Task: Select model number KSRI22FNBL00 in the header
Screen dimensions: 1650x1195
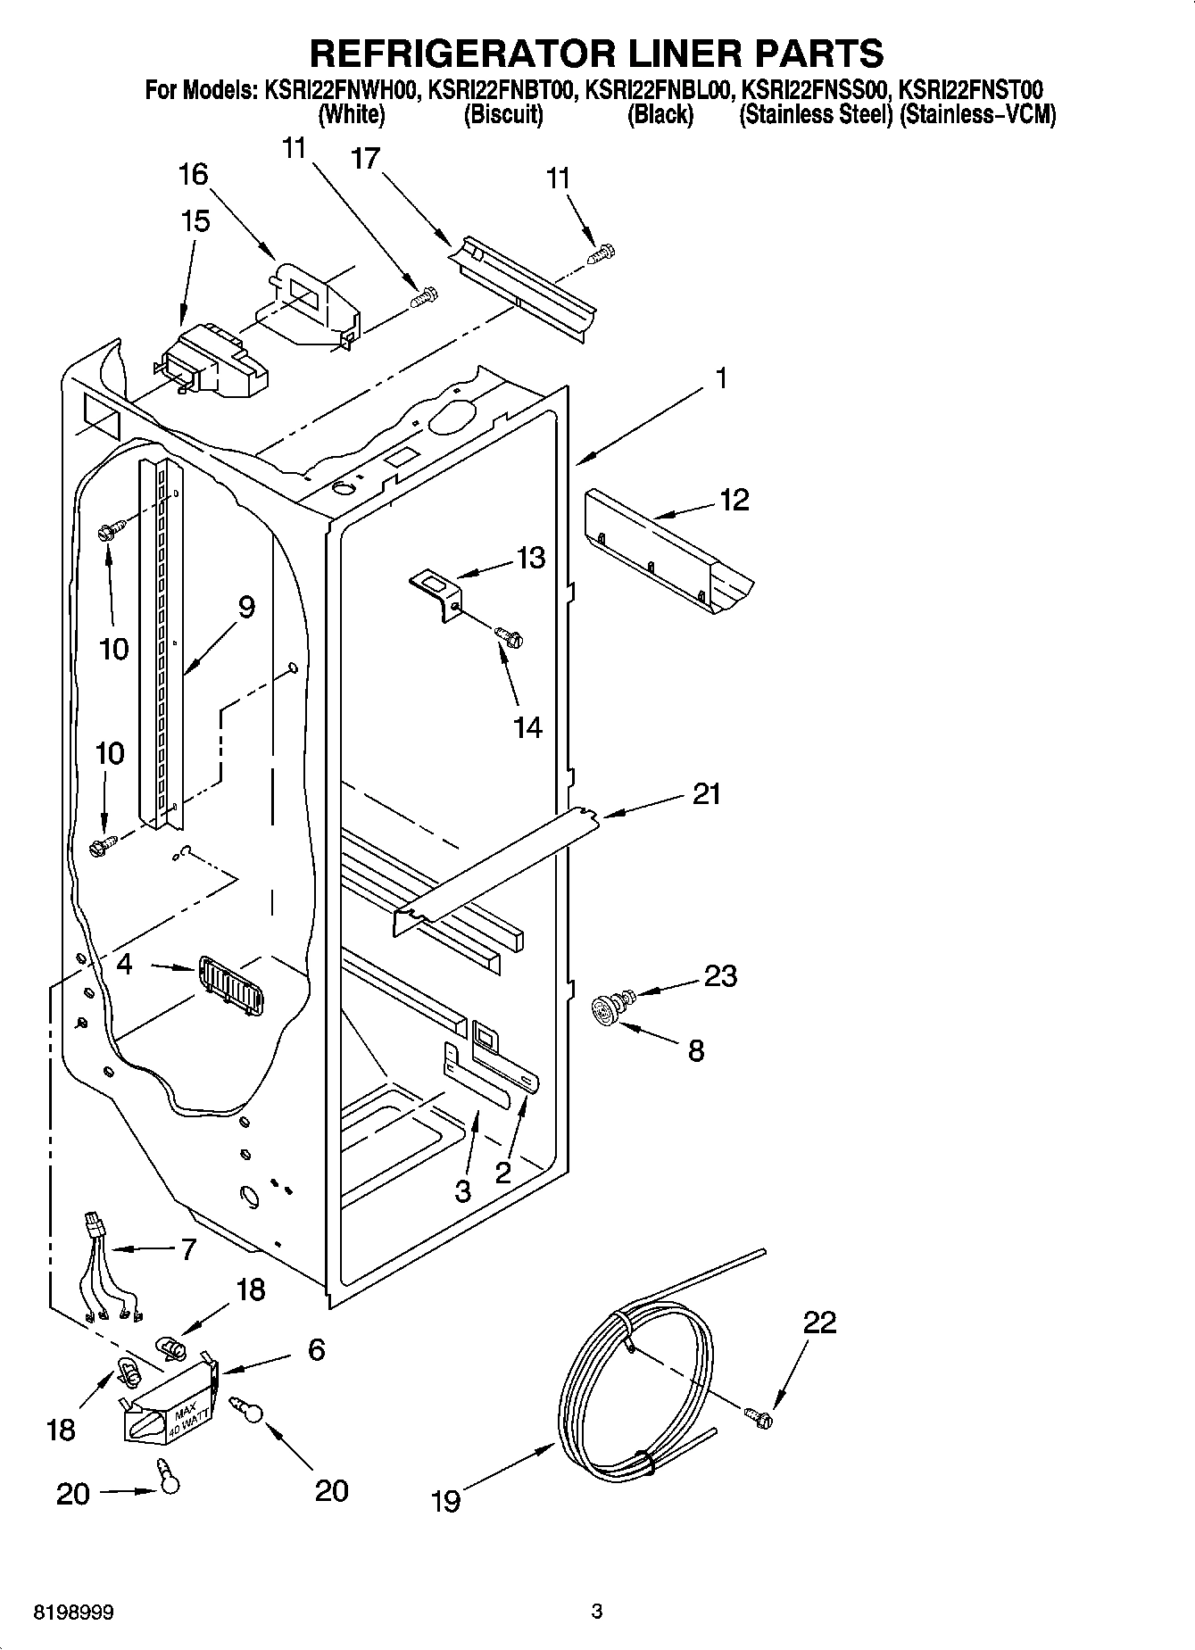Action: tap(660, 90)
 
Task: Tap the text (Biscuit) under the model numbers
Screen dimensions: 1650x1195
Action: tap(503, 115)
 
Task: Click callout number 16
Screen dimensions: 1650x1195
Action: tap(194, 174)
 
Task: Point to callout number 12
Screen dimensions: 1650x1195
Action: tap(734, 500)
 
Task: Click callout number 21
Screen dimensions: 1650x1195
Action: tap(706, 793)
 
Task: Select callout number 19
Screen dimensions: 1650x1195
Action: tap(445, 1502)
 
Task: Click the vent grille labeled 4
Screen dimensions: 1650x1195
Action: tap(231, 985)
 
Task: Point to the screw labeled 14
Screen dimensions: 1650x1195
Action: tap(509, 637)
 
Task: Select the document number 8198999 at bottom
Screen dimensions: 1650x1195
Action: tap(74, 1613)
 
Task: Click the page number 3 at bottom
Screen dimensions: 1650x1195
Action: tap(597, 1612)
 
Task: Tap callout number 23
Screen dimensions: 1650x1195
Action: tap(720, 975)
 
